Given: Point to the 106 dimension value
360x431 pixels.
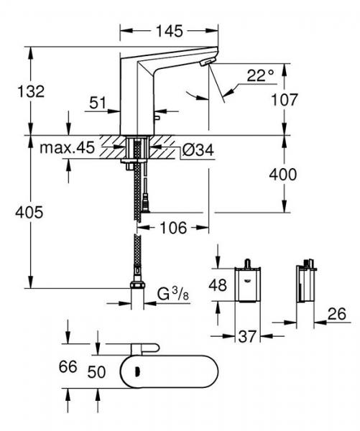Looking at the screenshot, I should click(172, 228).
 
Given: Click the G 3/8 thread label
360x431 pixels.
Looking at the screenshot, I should click(172, 293).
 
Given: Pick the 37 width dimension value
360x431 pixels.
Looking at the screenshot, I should click(247, 335).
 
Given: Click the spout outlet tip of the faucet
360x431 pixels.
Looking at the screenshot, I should click(208, 64).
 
